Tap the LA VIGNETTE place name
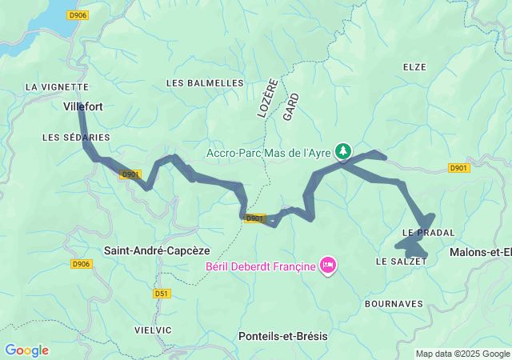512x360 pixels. [x=56, y=86]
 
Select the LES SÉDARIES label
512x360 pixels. [x=76, y=138]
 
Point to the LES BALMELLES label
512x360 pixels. [x=204, y=83]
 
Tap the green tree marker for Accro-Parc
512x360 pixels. [x=343, y=150]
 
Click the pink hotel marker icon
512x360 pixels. [x=327, y=265]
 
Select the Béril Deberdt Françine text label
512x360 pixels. [x=260, y=266]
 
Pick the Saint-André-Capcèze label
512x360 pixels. [x=157, y=250]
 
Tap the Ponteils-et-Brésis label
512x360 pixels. [x=283, y=337]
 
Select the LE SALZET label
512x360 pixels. [x=396, y=262]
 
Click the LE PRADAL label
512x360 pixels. [x=428, y=233]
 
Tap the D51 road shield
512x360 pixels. [x=162, y=294]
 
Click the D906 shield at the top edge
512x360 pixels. [x=77, y=14]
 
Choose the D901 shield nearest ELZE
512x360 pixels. [x=458, y=168]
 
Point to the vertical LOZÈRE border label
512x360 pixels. [x=267, y=98]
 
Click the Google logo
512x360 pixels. [x=26, y=350]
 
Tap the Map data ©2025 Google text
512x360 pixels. [x=462, y=354]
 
